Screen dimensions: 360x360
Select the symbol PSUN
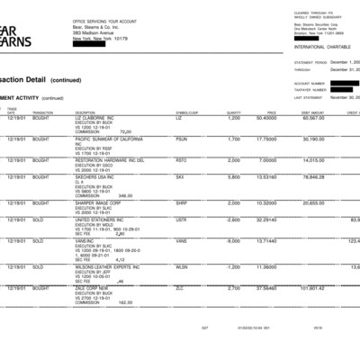point(182,139)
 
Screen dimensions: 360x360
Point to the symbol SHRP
point(182,202)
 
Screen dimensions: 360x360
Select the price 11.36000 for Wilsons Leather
point(265,266)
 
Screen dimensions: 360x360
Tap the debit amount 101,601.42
point(309,288)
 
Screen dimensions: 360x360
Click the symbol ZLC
point(180,288)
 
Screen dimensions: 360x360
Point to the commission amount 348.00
point(126,194)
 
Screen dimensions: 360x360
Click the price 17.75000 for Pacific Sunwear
point(265,139)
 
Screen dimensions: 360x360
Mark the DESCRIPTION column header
point(85,112)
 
